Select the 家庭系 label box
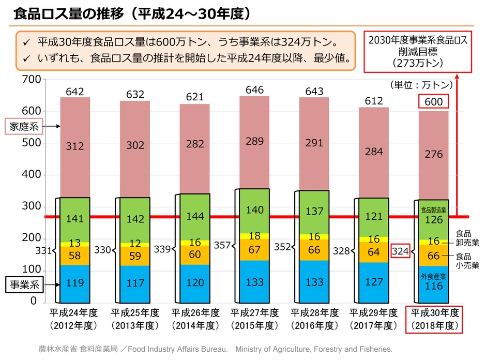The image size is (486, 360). [x=24, y=126]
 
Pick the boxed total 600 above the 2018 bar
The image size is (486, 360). [x=433, y=101]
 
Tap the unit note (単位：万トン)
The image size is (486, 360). [x=422, y=84]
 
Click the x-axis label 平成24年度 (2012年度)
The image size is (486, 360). [x=75, y=319]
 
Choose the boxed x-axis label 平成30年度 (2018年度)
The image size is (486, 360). [x=434, y=319]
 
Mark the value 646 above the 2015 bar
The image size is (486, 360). [x=254, y=90]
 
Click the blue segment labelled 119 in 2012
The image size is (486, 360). [x=75, y=283]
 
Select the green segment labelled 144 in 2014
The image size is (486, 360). [x=195, y=216]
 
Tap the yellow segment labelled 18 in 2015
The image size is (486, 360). [x=254, y=236]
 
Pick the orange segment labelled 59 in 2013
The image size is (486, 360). [x=135, y=255]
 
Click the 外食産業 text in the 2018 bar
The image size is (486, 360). [x=433, y=277]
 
